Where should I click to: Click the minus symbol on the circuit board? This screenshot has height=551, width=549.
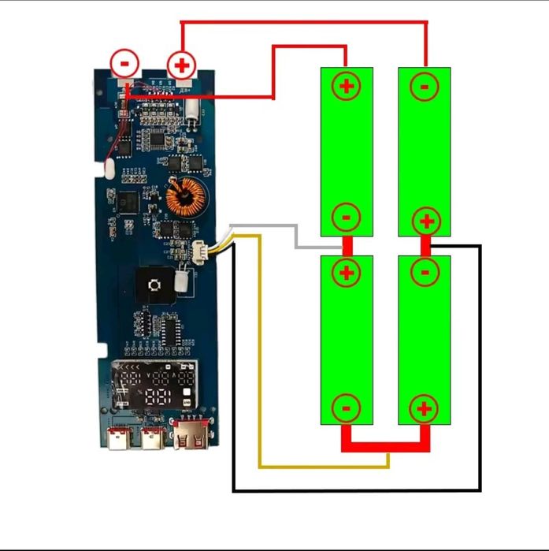(124, 62)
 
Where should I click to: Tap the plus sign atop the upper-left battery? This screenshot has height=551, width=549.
(346, 84)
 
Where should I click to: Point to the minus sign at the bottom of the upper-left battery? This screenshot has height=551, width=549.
(346, 216)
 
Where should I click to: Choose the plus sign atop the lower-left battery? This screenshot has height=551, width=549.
(346, 273)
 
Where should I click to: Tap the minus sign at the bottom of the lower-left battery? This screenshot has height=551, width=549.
(346, 408)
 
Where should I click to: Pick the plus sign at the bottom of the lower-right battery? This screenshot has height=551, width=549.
(424, 408)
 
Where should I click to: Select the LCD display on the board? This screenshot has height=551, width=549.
(154, 386)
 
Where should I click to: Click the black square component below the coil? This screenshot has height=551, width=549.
(155, 283)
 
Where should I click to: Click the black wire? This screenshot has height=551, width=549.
(354, 490)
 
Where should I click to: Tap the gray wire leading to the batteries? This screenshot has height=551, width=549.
(295, 236)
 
